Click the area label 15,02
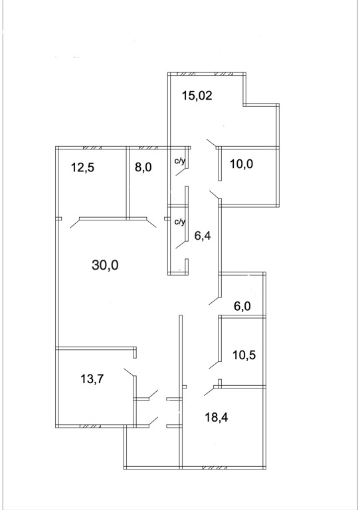(197, 96)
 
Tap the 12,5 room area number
(82, 168)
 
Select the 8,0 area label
(143, 168)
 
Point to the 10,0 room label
(241, 164)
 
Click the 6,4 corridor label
(203, 236)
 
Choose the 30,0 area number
(105, 266)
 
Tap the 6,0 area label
(242, 306)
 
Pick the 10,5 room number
(244, 355)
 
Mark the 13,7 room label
(92, 379)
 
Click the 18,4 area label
(217, 417)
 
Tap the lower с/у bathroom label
(180, 222)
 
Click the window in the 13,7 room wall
(91, 426)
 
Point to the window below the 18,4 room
(215, 468)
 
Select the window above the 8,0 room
(149, 147)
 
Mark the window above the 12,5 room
(92, 147)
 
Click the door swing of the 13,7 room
(129, 373)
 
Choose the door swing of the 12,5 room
(75, 223)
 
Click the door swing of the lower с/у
(181, 244)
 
